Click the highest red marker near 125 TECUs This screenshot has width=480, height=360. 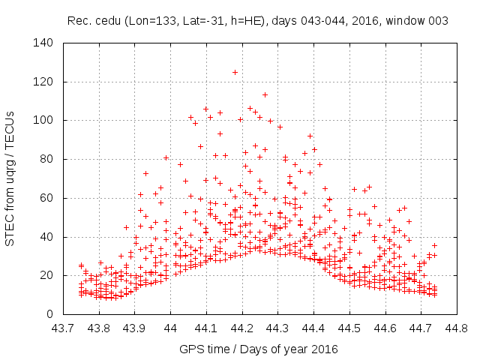235,72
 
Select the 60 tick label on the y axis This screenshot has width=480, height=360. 46,198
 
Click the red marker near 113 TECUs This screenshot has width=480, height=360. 265,94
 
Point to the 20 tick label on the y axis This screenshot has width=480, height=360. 46,275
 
